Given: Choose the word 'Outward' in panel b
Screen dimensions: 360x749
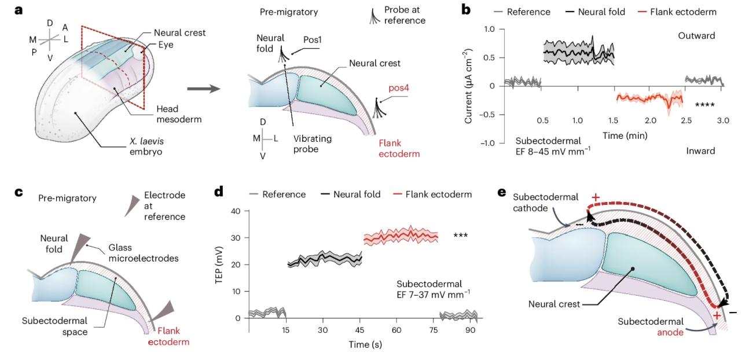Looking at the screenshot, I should click(696, 36).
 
